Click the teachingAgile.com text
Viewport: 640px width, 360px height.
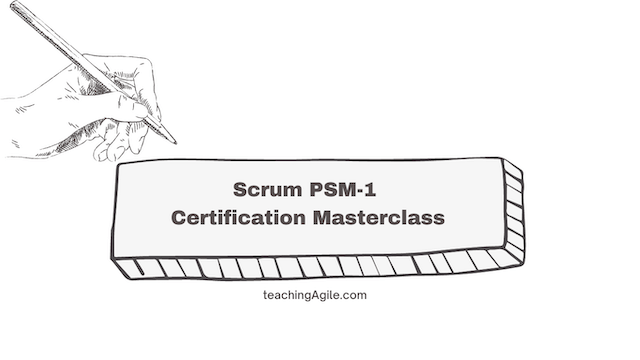[319, 296]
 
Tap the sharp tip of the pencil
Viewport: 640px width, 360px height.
[175, 142]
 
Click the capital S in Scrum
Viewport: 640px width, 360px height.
[238, 189]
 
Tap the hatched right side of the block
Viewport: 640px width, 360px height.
[513, 215]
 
